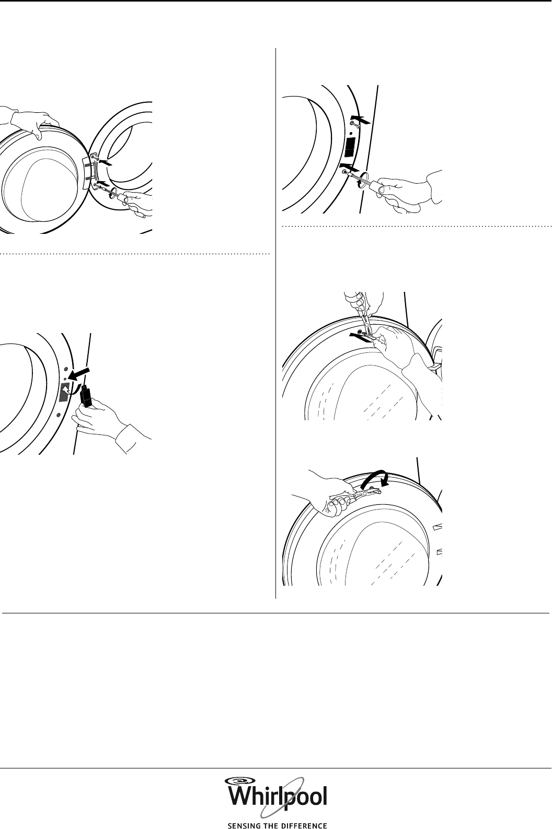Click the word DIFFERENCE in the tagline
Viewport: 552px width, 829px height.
coord(305,825)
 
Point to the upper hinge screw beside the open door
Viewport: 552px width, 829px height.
coord(96,159)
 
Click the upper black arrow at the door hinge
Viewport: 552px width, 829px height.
coord(105,162)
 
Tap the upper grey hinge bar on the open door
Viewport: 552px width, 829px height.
coord(87,162)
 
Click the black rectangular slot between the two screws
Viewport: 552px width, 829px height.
coord(350,147)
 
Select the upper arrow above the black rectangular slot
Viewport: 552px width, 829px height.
coord(360,120)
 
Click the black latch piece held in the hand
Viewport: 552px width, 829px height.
coord(87,396)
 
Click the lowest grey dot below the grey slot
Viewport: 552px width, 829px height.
coord(59,414)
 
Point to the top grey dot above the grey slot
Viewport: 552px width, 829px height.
coord(65,370)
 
